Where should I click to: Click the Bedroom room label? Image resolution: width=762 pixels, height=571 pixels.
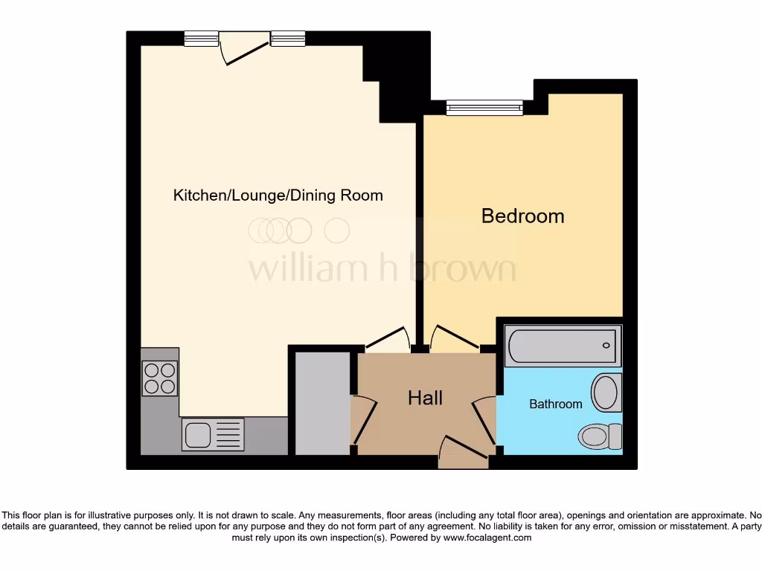[x=522, y=216]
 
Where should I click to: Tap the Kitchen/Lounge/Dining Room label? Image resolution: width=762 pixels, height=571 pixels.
[x=278, y=196]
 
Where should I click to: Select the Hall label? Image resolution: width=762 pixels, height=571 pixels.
[x=425, y=398]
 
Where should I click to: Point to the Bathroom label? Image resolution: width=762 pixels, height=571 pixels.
[x=555, y=404]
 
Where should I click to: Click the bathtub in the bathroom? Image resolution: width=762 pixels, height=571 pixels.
[x=563, y=346]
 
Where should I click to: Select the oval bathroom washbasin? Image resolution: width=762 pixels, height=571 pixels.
[x=606, y=392]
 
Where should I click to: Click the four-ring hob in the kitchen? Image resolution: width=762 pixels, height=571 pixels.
[x=160, y=378]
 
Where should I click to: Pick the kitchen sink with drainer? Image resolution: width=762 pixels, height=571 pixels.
[x=213, y=435]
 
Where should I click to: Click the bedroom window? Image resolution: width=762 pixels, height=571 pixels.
[x=484, y=109]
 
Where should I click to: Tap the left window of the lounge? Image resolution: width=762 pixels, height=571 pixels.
[x=201, y=39]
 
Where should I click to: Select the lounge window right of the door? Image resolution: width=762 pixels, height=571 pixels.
[x=288, y=39]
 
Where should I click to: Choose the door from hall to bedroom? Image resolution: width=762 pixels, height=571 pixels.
[x=455, y=339]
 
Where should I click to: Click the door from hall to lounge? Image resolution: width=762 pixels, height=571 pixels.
[x=388, y=339]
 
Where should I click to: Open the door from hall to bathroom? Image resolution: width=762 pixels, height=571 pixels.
[x=486, y=421]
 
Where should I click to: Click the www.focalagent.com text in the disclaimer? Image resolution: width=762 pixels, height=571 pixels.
[x=487, y=538]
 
